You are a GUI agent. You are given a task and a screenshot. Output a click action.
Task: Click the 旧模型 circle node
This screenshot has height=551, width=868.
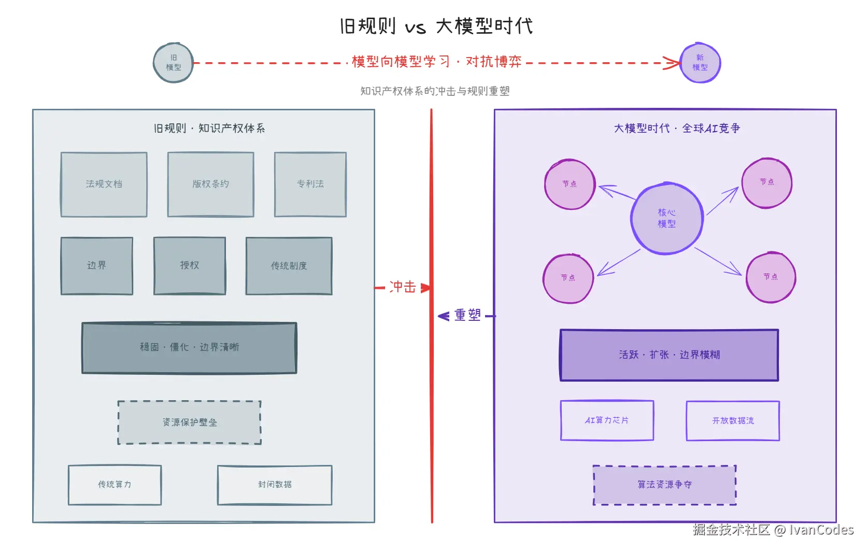pyautogui.click(x=174, y=63)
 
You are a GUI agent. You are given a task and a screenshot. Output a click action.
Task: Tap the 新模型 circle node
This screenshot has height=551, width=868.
pyautogui.click(x=700, y=63)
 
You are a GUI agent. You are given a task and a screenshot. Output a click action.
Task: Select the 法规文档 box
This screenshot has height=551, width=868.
pyautogui.click(x=104, y=184)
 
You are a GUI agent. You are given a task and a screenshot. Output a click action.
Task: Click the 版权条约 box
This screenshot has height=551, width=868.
pyautogui.click(x=210, y=184)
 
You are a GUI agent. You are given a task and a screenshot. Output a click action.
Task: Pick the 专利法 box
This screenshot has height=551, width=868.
pyautogui.click(x=310, y=184)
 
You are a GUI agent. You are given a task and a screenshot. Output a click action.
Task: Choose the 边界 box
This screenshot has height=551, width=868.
pyautogui.click(x=96, y=265)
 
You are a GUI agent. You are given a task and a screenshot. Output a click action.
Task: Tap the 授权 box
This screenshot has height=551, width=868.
pyautogui.click(x=189, y=265)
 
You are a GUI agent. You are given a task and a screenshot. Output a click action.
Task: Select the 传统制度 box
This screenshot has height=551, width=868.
pyautogui.click(x=289, y=265)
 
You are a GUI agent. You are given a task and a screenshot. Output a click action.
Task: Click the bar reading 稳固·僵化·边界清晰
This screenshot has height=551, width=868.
pyautogui.click(x=189, y=347)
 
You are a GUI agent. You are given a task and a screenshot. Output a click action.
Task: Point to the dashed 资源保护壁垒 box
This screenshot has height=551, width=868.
pyautogui.click(x=189, y=422)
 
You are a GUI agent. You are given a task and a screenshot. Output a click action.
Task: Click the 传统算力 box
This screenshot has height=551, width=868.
pyautogui.click(x=115, y=485)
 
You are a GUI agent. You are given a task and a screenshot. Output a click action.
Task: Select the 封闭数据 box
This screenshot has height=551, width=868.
pyautogui.click(x=275, y=485)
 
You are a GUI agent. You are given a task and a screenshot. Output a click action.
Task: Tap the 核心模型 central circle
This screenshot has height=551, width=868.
pyautogui.click(x=666, y=218)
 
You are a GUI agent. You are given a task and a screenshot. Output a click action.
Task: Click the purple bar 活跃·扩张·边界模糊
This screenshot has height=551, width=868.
pyautogui.click(x=669, y=355)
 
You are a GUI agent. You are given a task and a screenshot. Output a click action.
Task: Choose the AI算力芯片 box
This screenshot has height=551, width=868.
pyautogui.click(x=607, y=420)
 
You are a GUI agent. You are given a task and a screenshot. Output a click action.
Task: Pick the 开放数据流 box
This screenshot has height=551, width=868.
pyautogui.click(x=733, y=420)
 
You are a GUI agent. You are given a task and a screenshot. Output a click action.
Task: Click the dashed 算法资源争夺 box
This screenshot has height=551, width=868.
pyautogui.click(x=664, y=485)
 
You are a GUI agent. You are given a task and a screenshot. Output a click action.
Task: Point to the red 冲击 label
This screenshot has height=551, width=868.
pyautogui.click(x=403, y=287)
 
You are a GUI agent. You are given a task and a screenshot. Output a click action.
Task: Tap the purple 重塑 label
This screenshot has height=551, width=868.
pyautogui.click(x=467, y=315)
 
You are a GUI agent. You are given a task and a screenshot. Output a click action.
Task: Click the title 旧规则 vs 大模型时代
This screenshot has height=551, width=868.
pyautogui.click(x=436, y=26)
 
